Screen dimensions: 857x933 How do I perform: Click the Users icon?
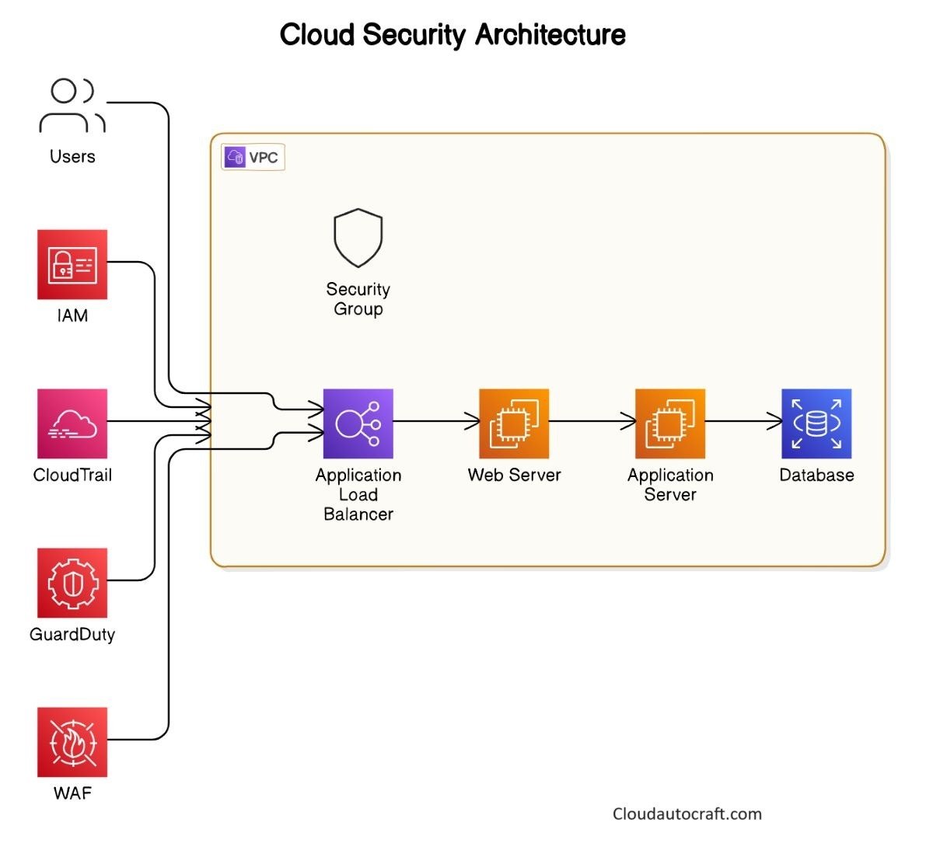pos(72,106)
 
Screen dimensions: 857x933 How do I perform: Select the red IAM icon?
pos(72,264)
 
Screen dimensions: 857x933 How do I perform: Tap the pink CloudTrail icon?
pos(72,423)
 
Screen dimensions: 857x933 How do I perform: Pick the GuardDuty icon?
pos(72,583)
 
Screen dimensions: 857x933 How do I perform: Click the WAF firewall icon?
pos(72,742)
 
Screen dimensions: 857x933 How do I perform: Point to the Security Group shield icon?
pos(358,238)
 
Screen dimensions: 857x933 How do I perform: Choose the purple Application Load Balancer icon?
pos(358,423)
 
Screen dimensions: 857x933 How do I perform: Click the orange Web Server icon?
pos(514,423)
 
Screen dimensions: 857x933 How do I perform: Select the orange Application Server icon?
pos(670,423)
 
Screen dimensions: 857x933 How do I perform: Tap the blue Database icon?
pos(816,423)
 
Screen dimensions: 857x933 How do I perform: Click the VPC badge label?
pos(253,158)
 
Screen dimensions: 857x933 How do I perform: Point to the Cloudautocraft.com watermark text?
pos(687,813)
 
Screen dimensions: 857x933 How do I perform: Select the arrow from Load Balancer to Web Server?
pos(436,421)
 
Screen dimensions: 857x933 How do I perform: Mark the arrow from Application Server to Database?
pos(743,421)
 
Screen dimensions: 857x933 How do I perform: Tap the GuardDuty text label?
pos(72,635)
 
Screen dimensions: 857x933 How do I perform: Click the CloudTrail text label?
pos(72,476)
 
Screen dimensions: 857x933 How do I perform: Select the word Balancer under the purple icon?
pos(358,514)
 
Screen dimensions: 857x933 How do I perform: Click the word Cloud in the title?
pos(317,35)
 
